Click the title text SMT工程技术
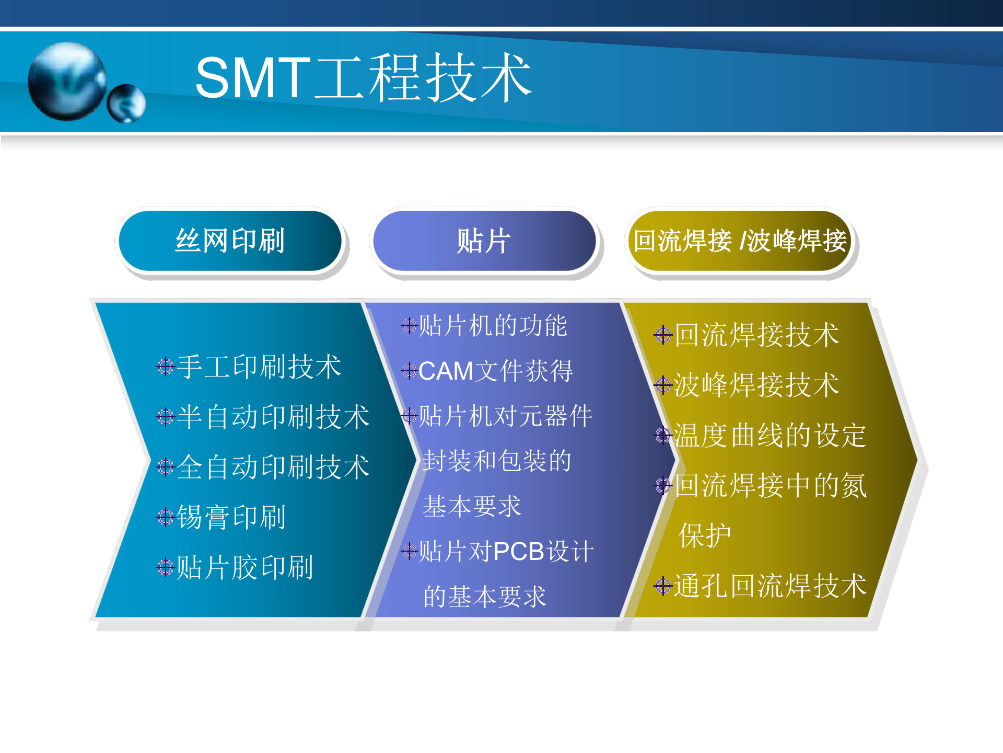click(363, 78)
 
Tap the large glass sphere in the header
click(67, 81)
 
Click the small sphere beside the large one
click(126, 103)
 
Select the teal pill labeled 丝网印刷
click(230, 241)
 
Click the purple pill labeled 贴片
click(484, 241)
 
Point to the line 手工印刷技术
click(259, 367)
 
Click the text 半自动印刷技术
click(273, 417)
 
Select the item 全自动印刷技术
click(273, 467)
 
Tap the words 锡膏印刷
click(231, 517)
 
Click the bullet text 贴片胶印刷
click(244, 567)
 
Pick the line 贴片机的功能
click(493, 326)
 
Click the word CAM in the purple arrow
click(446, 371)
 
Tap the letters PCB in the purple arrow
click(519, 552)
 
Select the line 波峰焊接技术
click(756, 385)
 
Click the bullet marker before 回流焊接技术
click(662, 335)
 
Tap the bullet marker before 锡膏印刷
click(165, 517)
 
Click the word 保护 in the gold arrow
click(705, 535)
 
